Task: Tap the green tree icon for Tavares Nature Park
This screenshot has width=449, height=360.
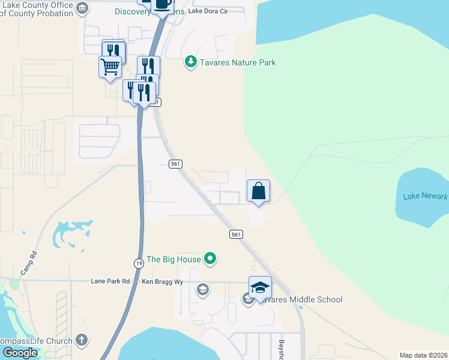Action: coord(191,62)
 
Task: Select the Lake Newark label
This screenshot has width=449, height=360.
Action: coord(425,196)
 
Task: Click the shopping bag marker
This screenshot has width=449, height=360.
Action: coord(258,191)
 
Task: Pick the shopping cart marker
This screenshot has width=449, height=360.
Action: coord(110,67)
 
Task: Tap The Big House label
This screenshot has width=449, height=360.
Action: coord(173,259)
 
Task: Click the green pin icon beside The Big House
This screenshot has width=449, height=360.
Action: coord(210,259)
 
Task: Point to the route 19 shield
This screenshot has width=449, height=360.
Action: coord(138,263)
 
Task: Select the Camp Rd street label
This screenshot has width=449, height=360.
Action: coord(29,262)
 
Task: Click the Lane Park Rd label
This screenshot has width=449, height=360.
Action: coord(110,281)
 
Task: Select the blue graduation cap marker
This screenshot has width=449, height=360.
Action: coord(260,288)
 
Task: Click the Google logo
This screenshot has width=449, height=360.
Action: coord(20,352)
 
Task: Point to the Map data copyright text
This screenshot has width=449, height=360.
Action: coord(424,355)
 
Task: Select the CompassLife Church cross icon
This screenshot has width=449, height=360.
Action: coord(82,341)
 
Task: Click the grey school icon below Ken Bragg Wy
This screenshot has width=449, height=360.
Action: coord(203,291)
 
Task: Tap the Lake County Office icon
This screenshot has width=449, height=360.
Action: coord(83,8)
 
